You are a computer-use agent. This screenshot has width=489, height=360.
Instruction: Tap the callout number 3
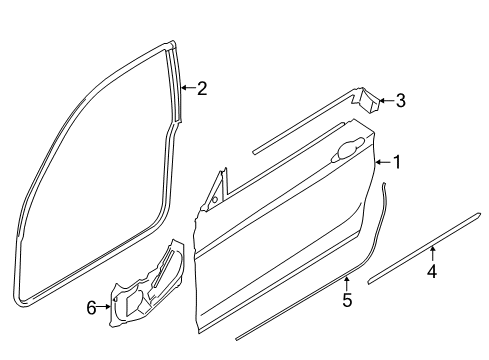pyautogui.click(x=400, y=100)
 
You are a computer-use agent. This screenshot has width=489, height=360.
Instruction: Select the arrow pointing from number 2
pyautogui.click(x=187, y=89)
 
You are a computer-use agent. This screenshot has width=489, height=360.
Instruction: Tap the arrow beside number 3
pyautogui.click(x=386, y=100)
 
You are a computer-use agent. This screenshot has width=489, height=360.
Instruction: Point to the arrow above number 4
pyautogui.click(x=432, y=253)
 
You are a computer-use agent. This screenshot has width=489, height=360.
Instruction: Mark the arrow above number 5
pyautogui.click(x=347, y=282)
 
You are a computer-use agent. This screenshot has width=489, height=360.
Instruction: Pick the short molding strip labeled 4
pyautogui.click(x=410, y=263)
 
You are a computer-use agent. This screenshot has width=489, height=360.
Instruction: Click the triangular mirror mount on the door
pyautogui.click(x=214, y=192)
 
